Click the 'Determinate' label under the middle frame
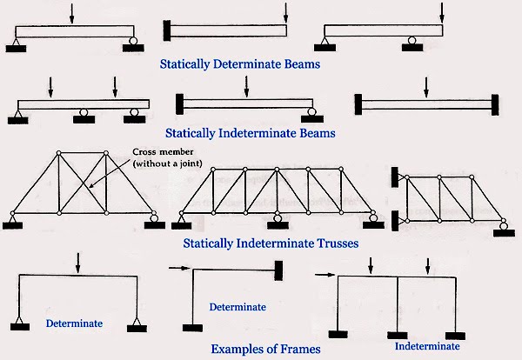coord(238,307)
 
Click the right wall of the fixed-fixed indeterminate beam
coord(494,104)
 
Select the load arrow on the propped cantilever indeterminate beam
coord(247,87)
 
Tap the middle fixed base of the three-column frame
coord(398,335)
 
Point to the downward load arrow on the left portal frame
coord(79,261)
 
